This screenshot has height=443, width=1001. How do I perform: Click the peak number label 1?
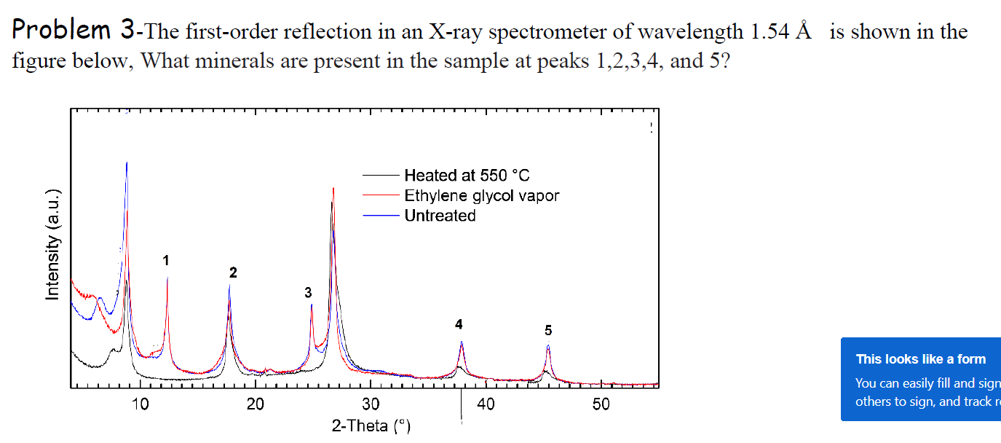(166, 260)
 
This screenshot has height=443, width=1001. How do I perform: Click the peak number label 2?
(233, 273)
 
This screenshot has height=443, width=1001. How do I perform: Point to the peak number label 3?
(308, 293)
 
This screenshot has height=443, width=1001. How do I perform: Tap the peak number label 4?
(459, 324)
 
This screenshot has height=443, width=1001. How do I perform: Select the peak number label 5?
(548, 331)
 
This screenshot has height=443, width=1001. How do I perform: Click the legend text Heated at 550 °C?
(467, 176)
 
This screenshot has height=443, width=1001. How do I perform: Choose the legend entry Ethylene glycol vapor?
(481, 196)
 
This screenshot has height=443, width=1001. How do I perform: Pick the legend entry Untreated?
(440, 216)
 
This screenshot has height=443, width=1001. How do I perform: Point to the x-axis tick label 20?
(256, 405)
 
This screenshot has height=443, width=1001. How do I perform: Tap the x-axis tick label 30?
(371, 405)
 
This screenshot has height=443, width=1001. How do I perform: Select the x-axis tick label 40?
(486, 405)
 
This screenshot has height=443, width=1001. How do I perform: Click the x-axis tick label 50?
(601, 405)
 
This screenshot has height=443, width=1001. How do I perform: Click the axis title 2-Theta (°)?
(371, 426)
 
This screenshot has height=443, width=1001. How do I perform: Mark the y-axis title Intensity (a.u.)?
(52, 245)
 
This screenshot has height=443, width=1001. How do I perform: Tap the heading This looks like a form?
(920, 359)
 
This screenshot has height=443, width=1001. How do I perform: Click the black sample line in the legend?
(380, 176)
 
